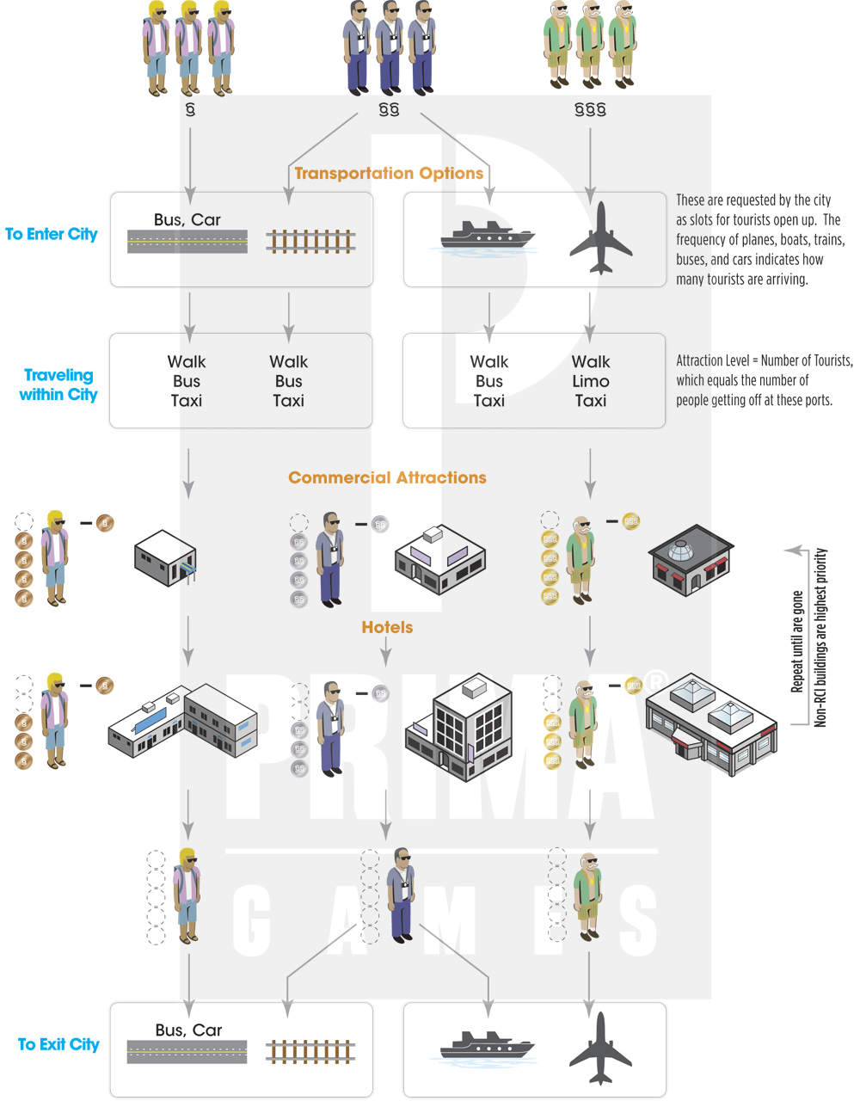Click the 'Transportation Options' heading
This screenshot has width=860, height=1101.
pos(389,173)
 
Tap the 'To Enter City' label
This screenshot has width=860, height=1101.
pos(51,234)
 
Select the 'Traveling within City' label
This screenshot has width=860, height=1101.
pos(58,384)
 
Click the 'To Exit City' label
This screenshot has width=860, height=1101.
pos(58,1044)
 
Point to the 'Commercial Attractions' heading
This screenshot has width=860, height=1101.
pos(387,477)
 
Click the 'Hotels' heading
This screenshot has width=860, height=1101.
pos(387,627)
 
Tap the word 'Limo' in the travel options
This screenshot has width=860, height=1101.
pos(591,381)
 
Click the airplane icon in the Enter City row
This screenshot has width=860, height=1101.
pos(600,238)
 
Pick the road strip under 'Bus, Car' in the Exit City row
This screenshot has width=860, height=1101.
pos(187,1052)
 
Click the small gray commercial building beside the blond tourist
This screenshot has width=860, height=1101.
pos(165,559)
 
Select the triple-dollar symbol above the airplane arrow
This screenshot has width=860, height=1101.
pos(590,109)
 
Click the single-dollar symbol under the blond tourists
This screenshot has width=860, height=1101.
pos(190,109)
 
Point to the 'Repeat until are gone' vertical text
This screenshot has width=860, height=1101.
pos(797,642)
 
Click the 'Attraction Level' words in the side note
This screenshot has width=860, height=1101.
pos(713,360)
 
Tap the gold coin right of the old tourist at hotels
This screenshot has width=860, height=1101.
pos(634,686)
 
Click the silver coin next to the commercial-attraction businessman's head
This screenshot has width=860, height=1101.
pos(380,524)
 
